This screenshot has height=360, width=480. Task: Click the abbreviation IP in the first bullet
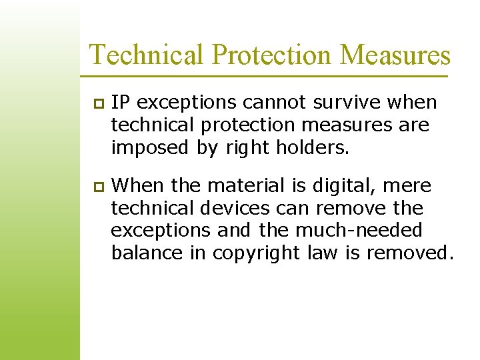coord(119,103)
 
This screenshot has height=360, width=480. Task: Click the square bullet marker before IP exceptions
coord(97,104)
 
